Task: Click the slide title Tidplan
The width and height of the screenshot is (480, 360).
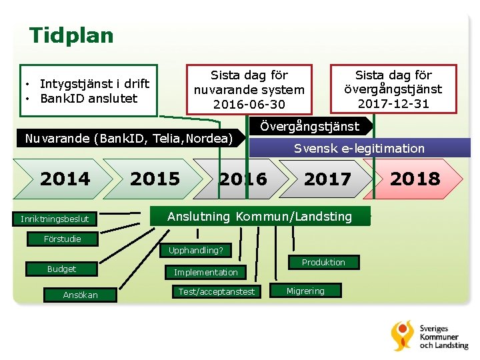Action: click(x=71, y=35)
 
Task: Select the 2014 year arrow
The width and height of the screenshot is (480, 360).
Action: click(x=65, y=179)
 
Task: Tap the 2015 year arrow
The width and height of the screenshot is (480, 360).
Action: click(x=155, y=179)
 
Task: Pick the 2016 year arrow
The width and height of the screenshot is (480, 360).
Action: click(x=243, y=179)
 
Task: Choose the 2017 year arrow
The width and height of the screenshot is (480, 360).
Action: click(x=327, y=179)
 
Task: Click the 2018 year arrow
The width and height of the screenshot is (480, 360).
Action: click(x=415, y=179)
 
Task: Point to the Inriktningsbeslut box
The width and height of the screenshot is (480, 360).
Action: click(x=55, y=219)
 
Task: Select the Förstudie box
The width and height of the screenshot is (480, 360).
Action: click(x=63, y=239)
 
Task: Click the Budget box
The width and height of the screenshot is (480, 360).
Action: click(x=61, y=269)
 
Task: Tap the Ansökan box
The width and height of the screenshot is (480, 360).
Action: click(x=80, y=295)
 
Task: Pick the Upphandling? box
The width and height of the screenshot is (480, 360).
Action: click(x=196, y=251)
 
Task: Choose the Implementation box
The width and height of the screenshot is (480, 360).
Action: click(x=205, y=272)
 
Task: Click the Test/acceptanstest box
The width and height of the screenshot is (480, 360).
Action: click(x=216, y=291)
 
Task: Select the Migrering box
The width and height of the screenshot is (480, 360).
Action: click(x=305, y=291)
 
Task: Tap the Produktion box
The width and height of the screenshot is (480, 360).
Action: click(x=323, y=263)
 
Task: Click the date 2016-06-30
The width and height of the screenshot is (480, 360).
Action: click(x=249, y=105)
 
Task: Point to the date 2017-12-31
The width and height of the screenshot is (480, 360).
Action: click(x=393, y=104)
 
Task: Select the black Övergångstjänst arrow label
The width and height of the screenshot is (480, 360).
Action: click(x=309, y=126)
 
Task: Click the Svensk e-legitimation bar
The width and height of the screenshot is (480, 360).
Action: click(x=359, y=148)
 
